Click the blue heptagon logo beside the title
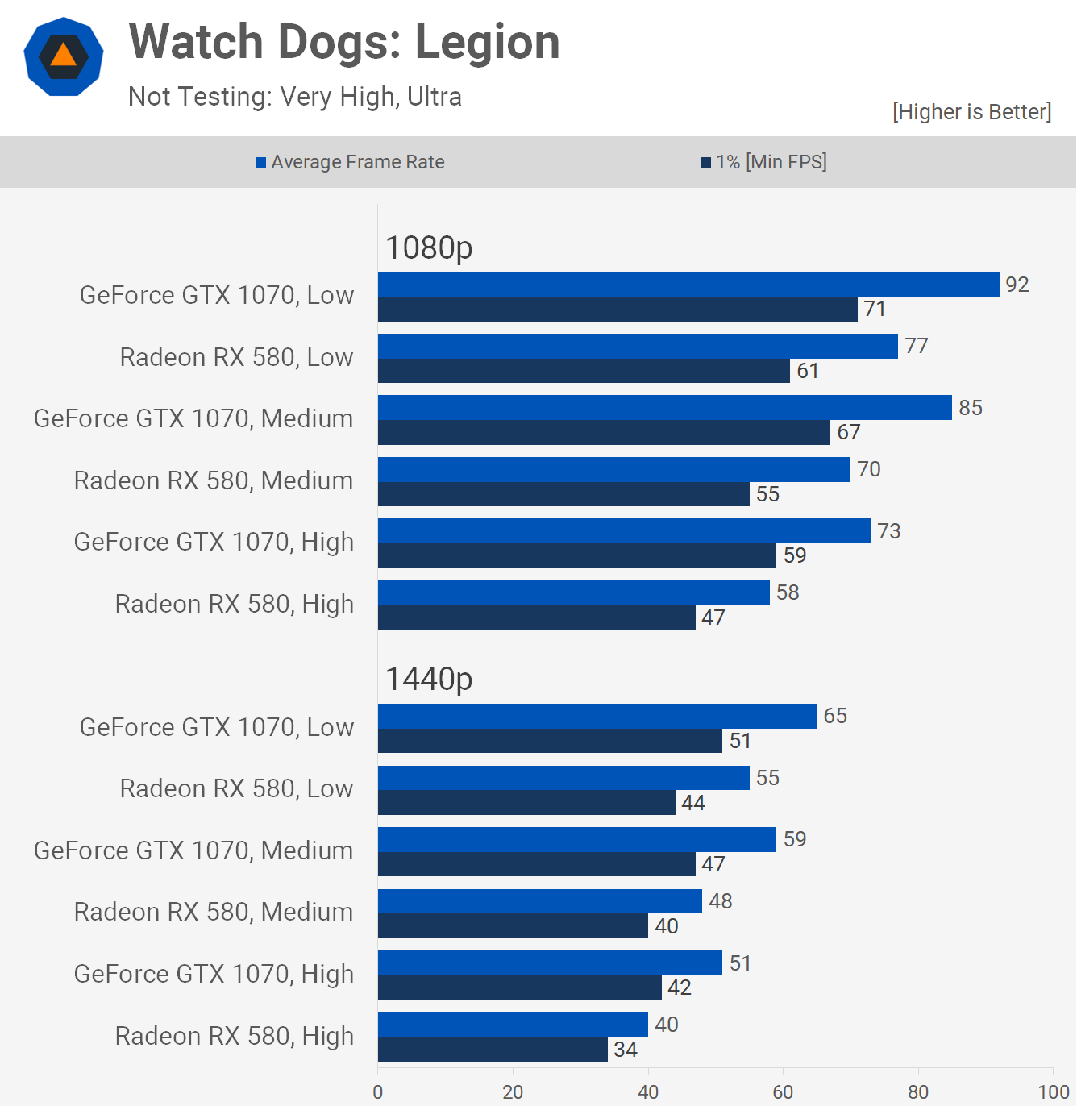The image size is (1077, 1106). click(x=64, y=56)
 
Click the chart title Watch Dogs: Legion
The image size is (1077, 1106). click(x=344, y=42)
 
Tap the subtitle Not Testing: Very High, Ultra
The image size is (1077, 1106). click(x=295, y=97)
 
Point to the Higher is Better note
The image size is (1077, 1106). click(x=971, y=111)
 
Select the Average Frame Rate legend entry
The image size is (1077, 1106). click(x=350, y=162)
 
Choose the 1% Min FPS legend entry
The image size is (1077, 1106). click(x=763, y=162)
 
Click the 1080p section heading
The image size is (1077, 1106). click(x=429, y=247)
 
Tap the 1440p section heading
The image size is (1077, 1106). click(x=429, y=679)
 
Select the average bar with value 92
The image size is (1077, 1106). click(x=688, y=285)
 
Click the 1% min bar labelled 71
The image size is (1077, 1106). click(x=618, y=310)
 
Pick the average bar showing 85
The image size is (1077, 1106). click(x=665, y=408)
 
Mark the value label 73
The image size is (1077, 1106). click(x=889, y=531)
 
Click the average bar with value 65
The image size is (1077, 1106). click(x=597, y=717)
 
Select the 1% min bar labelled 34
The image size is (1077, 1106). click(x=493, y=1050)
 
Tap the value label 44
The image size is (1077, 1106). click(x=693, y=803)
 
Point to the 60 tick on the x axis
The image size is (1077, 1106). click(x=783, y=1091)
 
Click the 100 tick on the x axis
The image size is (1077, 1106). click(x=1053, y=1091)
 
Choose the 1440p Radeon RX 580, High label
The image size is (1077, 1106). click(x=235, y=1036)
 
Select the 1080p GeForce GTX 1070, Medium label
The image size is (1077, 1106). click(x=193, y=419)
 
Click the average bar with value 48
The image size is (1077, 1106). click(x=540, y=901)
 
